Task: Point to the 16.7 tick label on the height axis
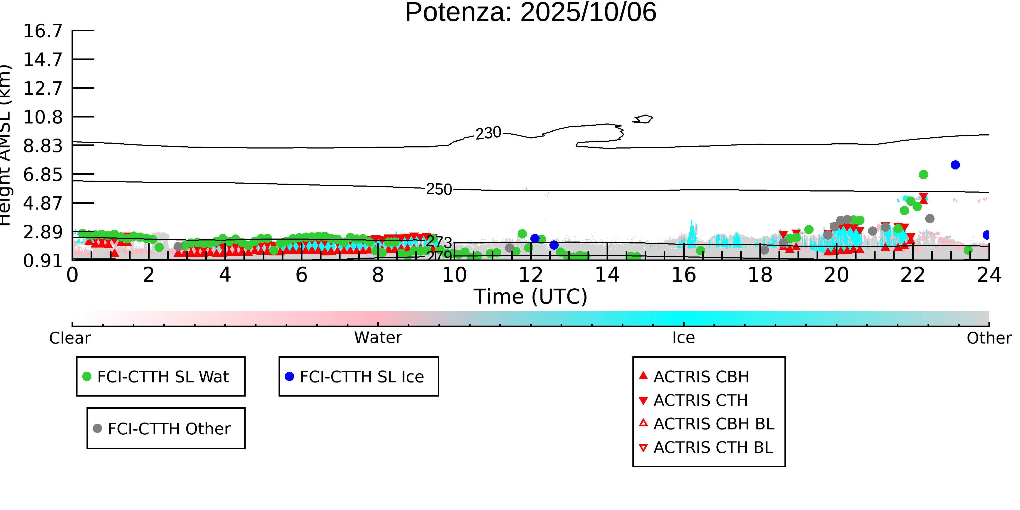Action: (43, 31)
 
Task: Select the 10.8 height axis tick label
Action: (43, 117)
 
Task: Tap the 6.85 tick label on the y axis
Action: (43, 175)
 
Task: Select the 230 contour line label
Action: (488, 134)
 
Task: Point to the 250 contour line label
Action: (439, 189)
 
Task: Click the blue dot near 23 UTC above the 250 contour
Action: (955, 165)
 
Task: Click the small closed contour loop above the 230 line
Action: (643, 119)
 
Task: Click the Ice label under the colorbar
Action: (684, 338)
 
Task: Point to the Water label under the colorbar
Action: (378, 338)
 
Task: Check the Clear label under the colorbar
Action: (70, 338)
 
